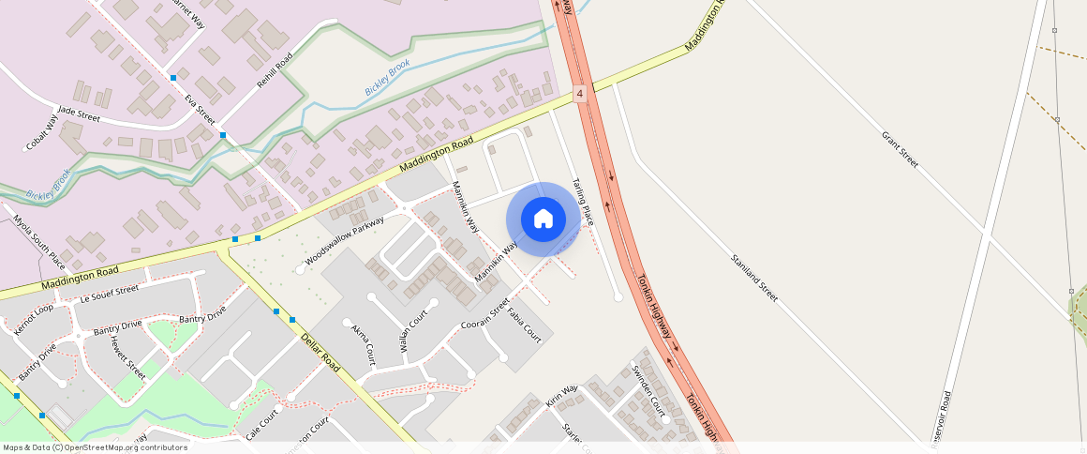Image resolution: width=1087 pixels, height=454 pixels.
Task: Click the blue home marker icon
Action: pyautogui.click(x=543, y=219)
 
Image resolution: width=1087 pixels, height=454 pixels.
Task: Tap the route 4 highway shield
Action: pyautogui.click(x=580, y=94)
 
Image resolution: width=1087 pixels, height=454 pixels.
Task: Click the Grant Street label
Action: pyautogui.click(x=899, y=149)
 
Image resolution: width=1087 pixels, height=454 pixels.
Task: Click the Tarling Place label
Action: pyautogui.click(x=583, y=203)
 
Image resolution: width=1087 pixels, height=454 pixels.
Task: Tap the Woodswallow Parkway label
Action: pyautogui.click(x=344, y=242)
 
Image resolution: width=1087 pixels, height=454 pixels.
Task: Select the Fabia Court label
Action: pyautogui.click(x=525, y=324)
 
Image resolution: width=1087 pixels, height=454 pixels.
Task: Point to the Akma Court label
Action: pyautogui.click(x=363, y=344)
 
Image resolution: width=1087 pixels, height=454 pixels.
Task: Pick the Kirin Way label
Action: pyautogui.click(x=562, y=396)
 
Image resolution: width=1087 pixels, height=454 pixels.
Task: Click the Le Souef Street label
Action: pyautogui.click(x=110, y=294)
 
